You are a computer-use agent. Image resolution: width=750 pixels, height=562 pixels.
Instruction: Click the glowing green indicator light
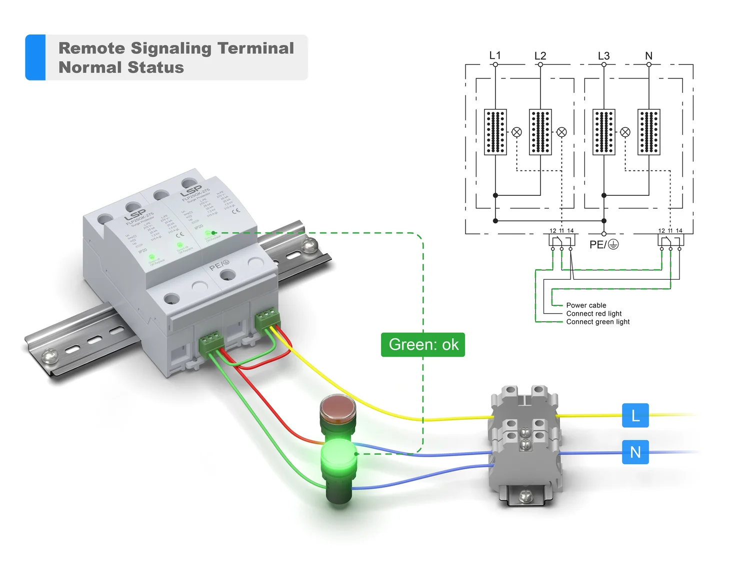(x=338, y=455)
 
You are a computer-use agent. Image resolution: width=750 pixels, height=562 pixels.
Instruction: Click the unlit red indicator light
(x=337, y=407)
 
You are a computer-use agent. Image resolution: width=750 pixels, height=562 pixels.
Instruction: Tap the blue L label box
(x=635, y=416)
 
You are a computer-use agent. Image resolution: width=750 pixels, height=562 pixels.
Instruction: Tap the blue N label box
(x=635, y=452)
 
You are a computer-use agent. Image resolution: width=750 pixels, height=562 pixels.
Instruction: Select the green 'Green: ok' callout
(x=423, y=345)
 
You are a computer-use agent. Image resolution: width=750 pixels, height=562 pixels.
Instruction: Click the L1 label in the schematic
(x=495, y=55)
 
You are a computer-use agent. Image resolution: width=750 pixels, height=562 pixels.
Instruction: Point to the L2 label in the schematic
(x=540, y=56)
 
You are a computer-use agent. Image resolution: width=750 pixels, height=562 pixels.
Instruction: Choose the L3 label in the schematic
(x=603, y=56)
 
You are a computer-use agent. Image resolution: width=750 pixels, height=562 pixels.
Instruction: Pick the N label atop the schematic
(x=648, y=56)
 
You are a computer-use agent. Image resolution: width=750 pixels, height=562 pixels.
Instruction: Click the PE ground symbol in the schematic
(x=613, y=244)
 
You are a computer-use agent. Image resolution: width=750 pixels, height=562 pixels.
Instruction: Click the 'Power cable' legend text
(x=586, y=305)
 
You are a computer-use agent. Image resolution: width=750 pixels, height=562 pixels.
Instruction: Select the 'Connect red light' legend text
(x=594, y=314)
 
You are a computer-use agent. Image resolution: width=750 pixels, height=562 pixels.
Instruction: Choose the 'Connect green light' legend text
(x=598, y=322)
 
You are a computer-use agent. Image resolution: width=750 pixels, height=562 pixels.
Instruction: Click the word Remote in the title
(x=91, y=48)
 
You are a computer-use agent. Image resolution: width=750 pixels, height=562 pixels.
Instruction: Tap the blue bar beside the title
(x=35, y=57)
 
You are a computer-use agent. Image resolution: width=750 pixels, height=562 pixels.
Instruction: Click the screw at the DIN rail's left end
(x=50, y=356)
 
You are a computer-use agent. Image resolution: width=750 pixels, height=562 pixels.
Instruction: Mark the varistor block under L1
(x=495, y=132)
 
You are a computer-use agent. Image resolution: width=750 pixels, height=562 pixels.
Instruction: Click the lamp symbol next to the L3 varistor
(x=625, y=132)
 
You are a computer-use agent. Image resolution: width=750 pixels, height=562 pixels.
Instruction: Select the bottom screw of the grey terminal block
(x=525, y=496)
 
